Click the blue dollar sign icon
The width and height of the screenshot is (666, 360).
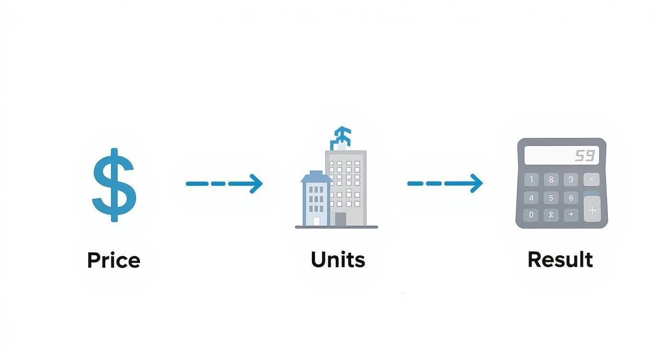[x=114, y=185]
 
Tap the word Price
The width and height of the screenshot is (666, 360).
[x=113, y=260]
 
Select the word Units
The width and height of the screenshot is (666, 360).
[x=338, y=259]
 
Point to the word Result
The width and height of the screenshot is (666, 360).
[x=560, y=259]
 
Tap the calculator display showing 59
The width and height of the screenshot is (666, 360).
[x=561, y=155]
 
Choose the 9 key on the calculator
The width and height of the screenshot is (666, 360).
[x=571, y=180]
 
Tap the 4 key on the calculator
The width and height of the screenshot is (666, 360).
[x=531, y=197]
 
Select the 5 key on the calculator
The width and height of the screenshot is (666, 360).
[x=551, y=197]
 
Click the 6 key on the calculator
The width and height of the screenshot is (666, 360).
[x=571, y=197]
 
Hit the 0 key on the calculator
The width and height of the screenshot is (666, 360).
[x=531, y=214]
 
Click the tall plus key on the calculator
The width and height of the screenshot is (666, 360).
[x=592, y=210]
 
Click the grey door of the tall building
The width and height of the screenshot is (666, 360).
[x=340, y=219]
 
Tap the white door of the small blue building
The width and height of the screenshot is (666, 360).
[x=316, y=221]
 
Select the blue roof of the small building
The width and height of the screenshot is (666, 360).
[x=315, y=177]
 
